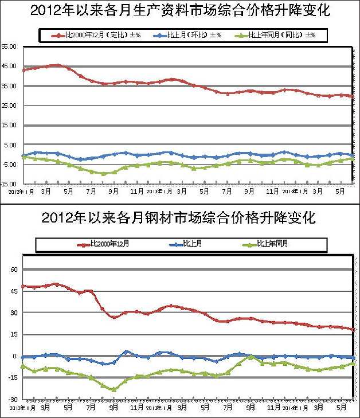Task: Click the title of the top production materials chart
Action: tap(180, 10)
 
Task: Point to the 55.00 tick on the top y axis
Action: tap(10, 46)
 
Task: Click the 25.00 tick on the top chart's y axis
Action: tap(10, 106)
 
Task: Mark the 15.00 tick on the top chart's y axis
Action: tap(10, 125)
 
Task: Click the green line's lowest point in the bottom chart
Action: tap(114, 389)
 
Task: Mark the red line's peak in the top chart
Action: tap(57, 65)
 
